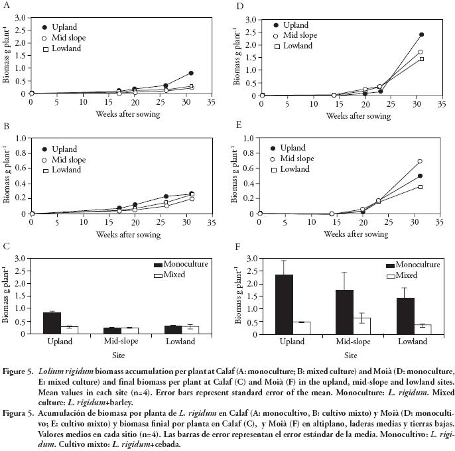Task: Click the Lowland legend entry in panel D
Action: tap(297, 46)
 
